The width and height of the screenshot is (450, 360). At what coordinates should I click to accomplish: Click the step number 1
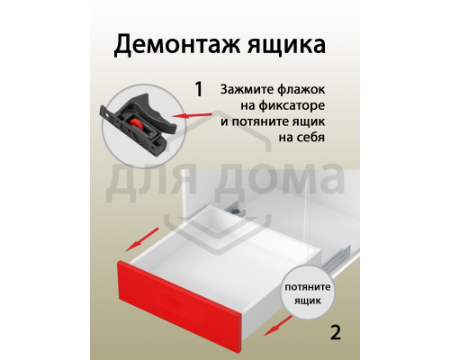click(x=197, y=90)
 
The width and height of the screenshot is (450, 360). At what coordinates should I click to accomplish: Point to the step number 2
click(x=336, y=332)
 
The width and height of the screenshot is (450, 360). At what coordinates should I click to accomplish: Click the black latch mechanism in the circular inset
click(x=135, y=122)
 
